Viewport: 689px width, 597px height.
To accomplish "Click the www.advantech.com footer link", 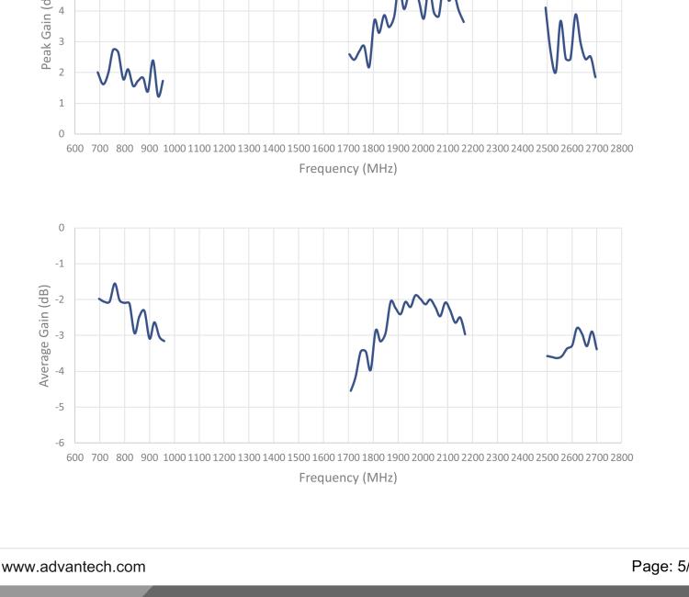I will click(73, 567).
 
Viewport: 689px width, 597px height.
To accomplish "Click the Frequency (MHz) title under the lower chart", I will click(347, 478).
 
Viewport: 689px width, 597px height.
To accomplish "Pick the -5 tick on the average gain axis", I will click(61, 407).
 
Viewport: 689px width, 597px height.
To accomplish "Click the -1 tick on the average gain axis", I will click(61, 264).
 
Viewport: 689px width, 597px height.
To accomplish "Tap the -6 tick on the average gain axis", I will click(61, 443).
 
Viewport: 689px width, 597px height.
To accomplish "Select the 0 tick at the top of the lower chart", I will click(62, 228).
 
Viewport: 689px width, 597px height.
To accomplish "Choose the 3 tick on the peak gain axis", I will click(62, 41).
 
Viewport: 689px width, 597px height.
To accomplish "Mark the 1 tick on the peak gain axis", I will click(62, 103).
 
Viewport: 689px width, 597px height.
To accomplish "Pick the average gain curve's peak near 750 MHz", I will click(115, 283).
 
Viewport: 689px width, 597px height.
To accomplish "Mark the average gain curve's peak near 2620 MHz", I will click(578, 327).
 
